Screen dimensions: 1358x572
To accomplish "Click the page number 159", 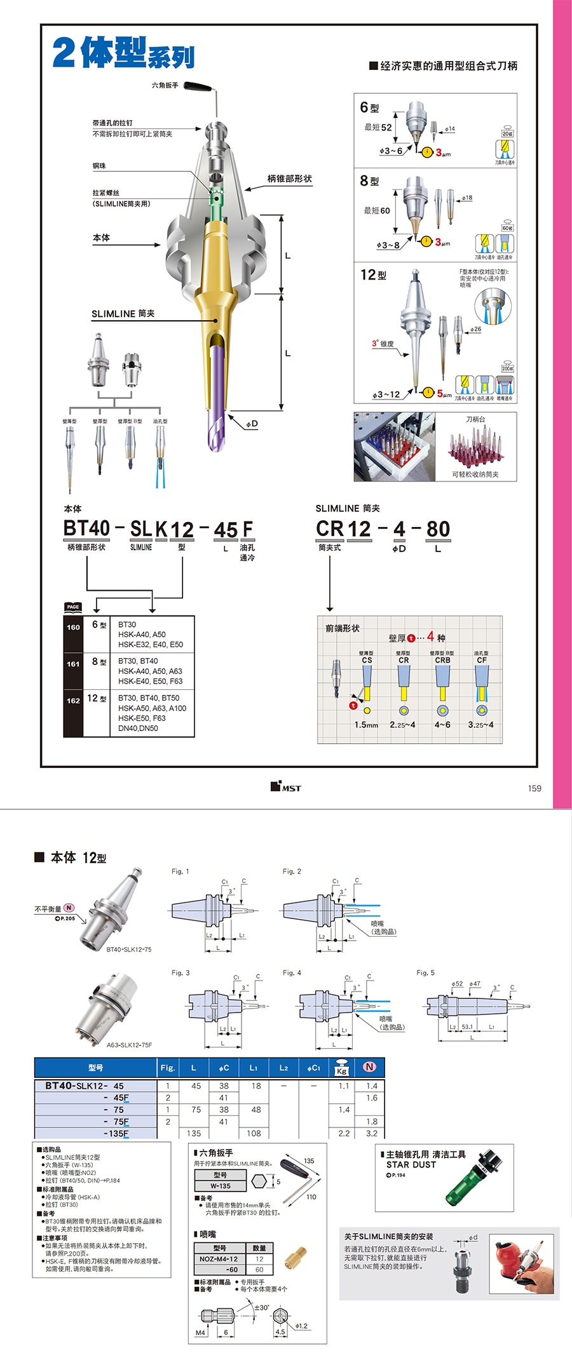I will tap(535, 788).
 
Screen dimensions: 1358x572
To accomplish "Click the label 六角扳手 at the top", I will tap(165, 85).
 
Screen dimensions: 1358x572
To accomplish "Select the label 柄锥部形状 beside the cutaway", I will tap(289, 179).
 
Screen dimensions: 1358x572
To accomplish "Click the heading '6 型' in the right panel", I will tap(369, 107).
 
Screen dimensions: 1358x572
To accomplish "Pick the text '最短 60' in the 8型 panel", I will tap(377, 211).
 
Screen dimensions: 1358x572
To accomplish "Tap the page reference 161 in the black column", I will tap(73, 664).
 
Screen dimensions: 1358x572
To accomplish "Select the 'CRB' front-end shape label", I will tap(442, 661).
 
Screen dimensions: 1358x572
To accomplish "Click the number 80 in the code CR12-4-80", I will tap(438, 529).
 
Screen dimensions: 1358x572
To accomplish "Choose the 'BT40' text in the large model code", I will tap(86, 528).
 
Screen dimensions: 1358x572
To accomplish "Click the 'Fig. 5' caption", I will tap(425, 972).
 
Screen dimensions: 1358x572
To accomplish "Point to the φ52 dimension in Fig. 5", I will tap(457, 984).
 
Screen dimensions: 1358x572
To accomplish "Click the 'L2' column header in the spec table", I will tap(283, 1068).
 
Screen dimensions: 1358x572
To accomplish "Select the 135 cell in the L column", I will tap(194, 1133).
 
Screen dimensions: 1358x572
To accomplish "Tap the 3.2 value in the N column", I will tap(372, 1133).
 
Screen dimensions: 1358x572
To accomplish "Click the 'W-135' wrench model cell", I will tap(221, 1186).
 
